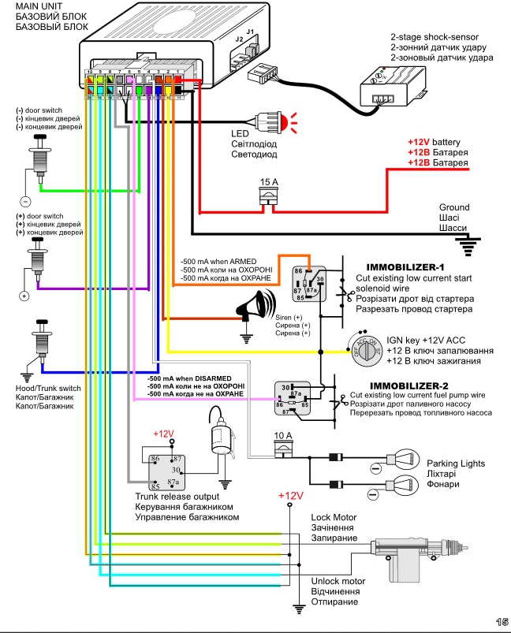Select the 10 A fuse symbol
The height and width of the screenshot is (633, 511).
point(282,449)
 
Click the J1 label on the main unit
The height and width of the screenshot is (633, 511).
point(252,33)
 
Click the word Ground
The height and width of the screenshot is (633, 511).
point(453,207)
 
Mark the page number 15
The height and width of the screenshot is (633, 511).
point(501,623)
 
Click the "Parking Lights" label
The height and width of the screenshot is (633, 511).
point(456,464)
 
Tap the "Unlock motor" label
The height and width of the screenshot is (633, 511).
point(338,581)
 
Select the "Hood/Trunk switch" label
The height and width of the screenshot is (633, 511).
point(48,389)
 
